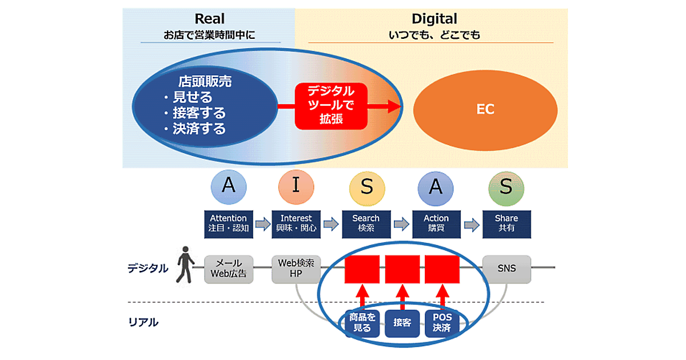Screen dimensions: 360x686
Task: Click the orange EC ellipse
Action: (x=485, y=109)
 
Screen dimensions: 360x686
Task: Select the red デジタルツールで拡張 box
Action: (x=324, y=106)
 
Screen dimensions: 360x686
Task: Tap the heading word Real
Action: (x=209, y=19)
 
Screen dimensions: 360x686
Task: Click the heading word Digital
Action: (x=434, y=19)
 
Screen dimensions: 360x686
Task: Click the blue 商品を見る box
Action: (x=362, y=323)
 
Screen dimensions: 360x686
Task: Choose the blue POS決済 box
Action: (x=442, y=323)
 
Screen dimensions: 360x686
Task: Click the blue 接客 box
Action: (x=402, y=323)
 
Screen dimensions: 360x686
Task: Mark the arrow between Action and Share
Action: (x=471, y=224)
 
